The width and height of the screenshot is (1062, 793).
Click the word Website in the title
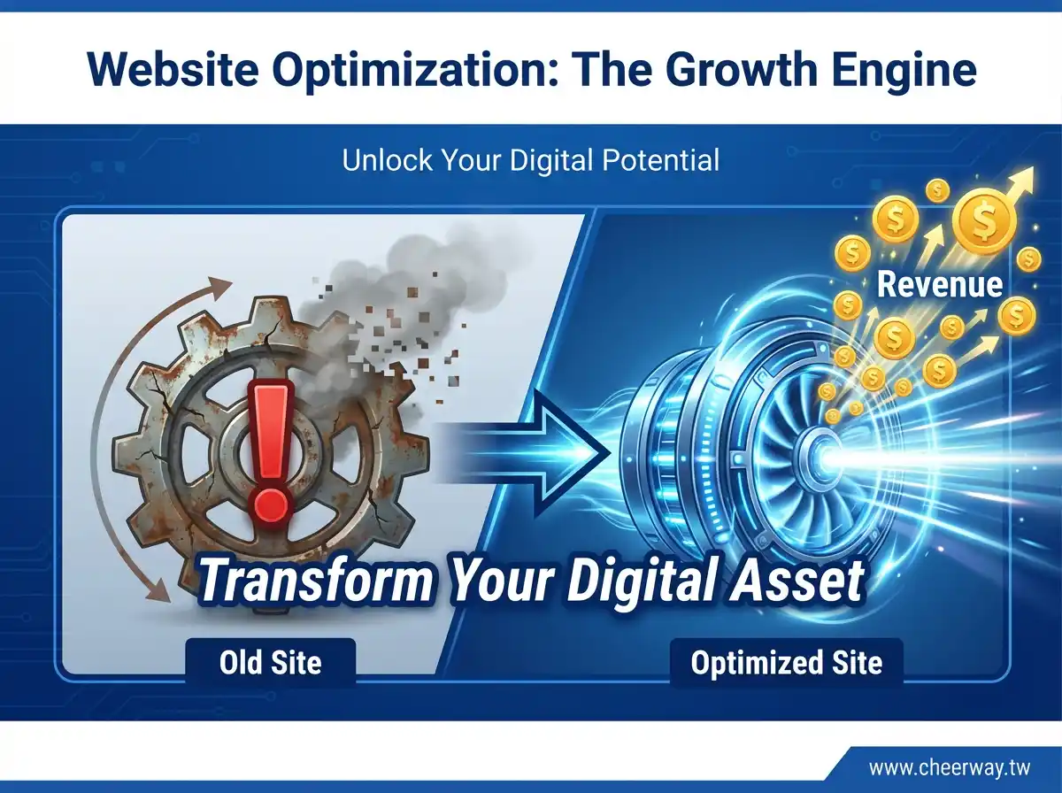pyautogui.click(x=173, y=71)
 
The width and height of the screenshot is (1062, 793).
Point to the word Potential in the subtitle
pyautogui.click(x=661, y=160)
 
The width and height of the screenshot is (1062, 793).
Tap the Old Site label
pyautogui.click(x=271, y=662)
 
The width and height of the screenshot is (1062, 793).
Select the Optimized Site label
pyautogui.click(x=786, y=663)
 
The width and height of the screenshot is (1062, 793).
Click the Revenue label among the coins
pyautogui.click(x=940, y=284)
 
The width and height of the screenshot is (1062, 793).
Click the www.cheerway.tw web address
pyautogui.click(x=950, y=768)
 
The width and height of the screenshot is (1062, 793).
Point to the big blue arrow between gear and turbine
pyautogui.click(x=527, y=453)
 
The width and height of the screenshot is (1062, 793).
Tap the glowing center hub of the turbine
pyautogui.click(x=820, y=457)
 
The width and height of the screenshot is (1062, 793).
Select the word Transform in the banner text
pyautogui.click(x=314, y=581)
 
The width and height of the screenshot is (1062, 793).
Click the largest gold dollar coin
pyautogui.click(x=984, y=222)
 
